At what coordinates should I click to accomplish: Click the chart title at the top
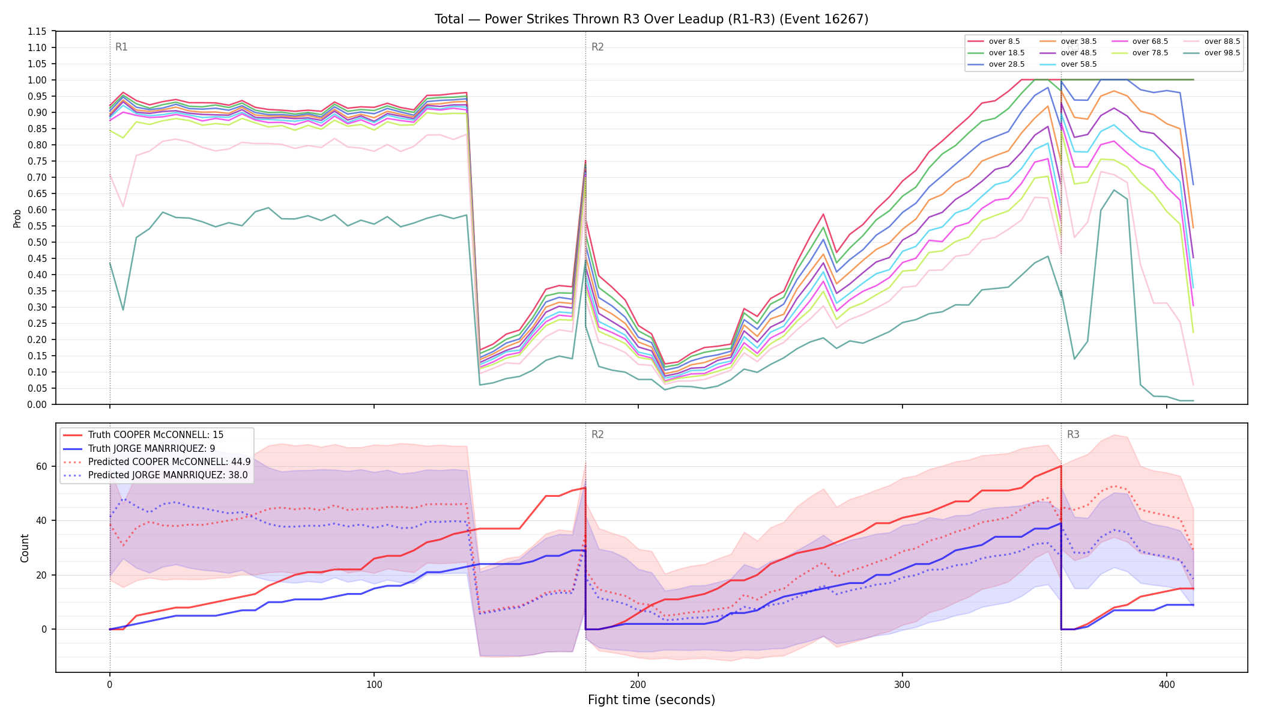(652, 19)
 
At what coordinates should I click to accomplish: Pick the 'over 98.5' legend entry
(1222, 53)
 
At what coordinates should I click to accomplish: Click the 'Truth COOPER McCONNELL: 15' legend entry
(147, 435)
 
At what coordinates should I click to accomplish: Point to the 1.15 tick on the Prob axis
(37, 31)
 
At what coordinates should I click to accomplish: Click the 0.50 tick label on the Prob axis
(37, 242)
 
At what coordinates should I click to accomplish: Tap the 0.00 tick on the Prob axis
(37, 404)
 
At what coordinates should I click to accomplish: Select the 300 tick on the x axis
(903, 684)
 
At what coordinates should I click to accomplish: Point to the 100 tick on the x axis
(374, 684)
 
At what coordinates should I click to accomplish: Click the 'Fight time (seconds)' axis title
(652, 700)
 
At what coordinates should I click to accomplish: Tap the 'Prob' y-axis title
(17, 218)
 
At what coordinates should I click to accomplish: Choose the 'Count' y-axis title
(25, 548)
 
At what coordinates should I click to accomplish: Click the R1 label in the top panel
(121, 47)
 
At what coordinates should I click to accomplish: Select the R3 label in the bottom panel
(1073, 434)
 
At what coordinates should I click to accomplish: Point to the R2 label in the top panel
(597, 47)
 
